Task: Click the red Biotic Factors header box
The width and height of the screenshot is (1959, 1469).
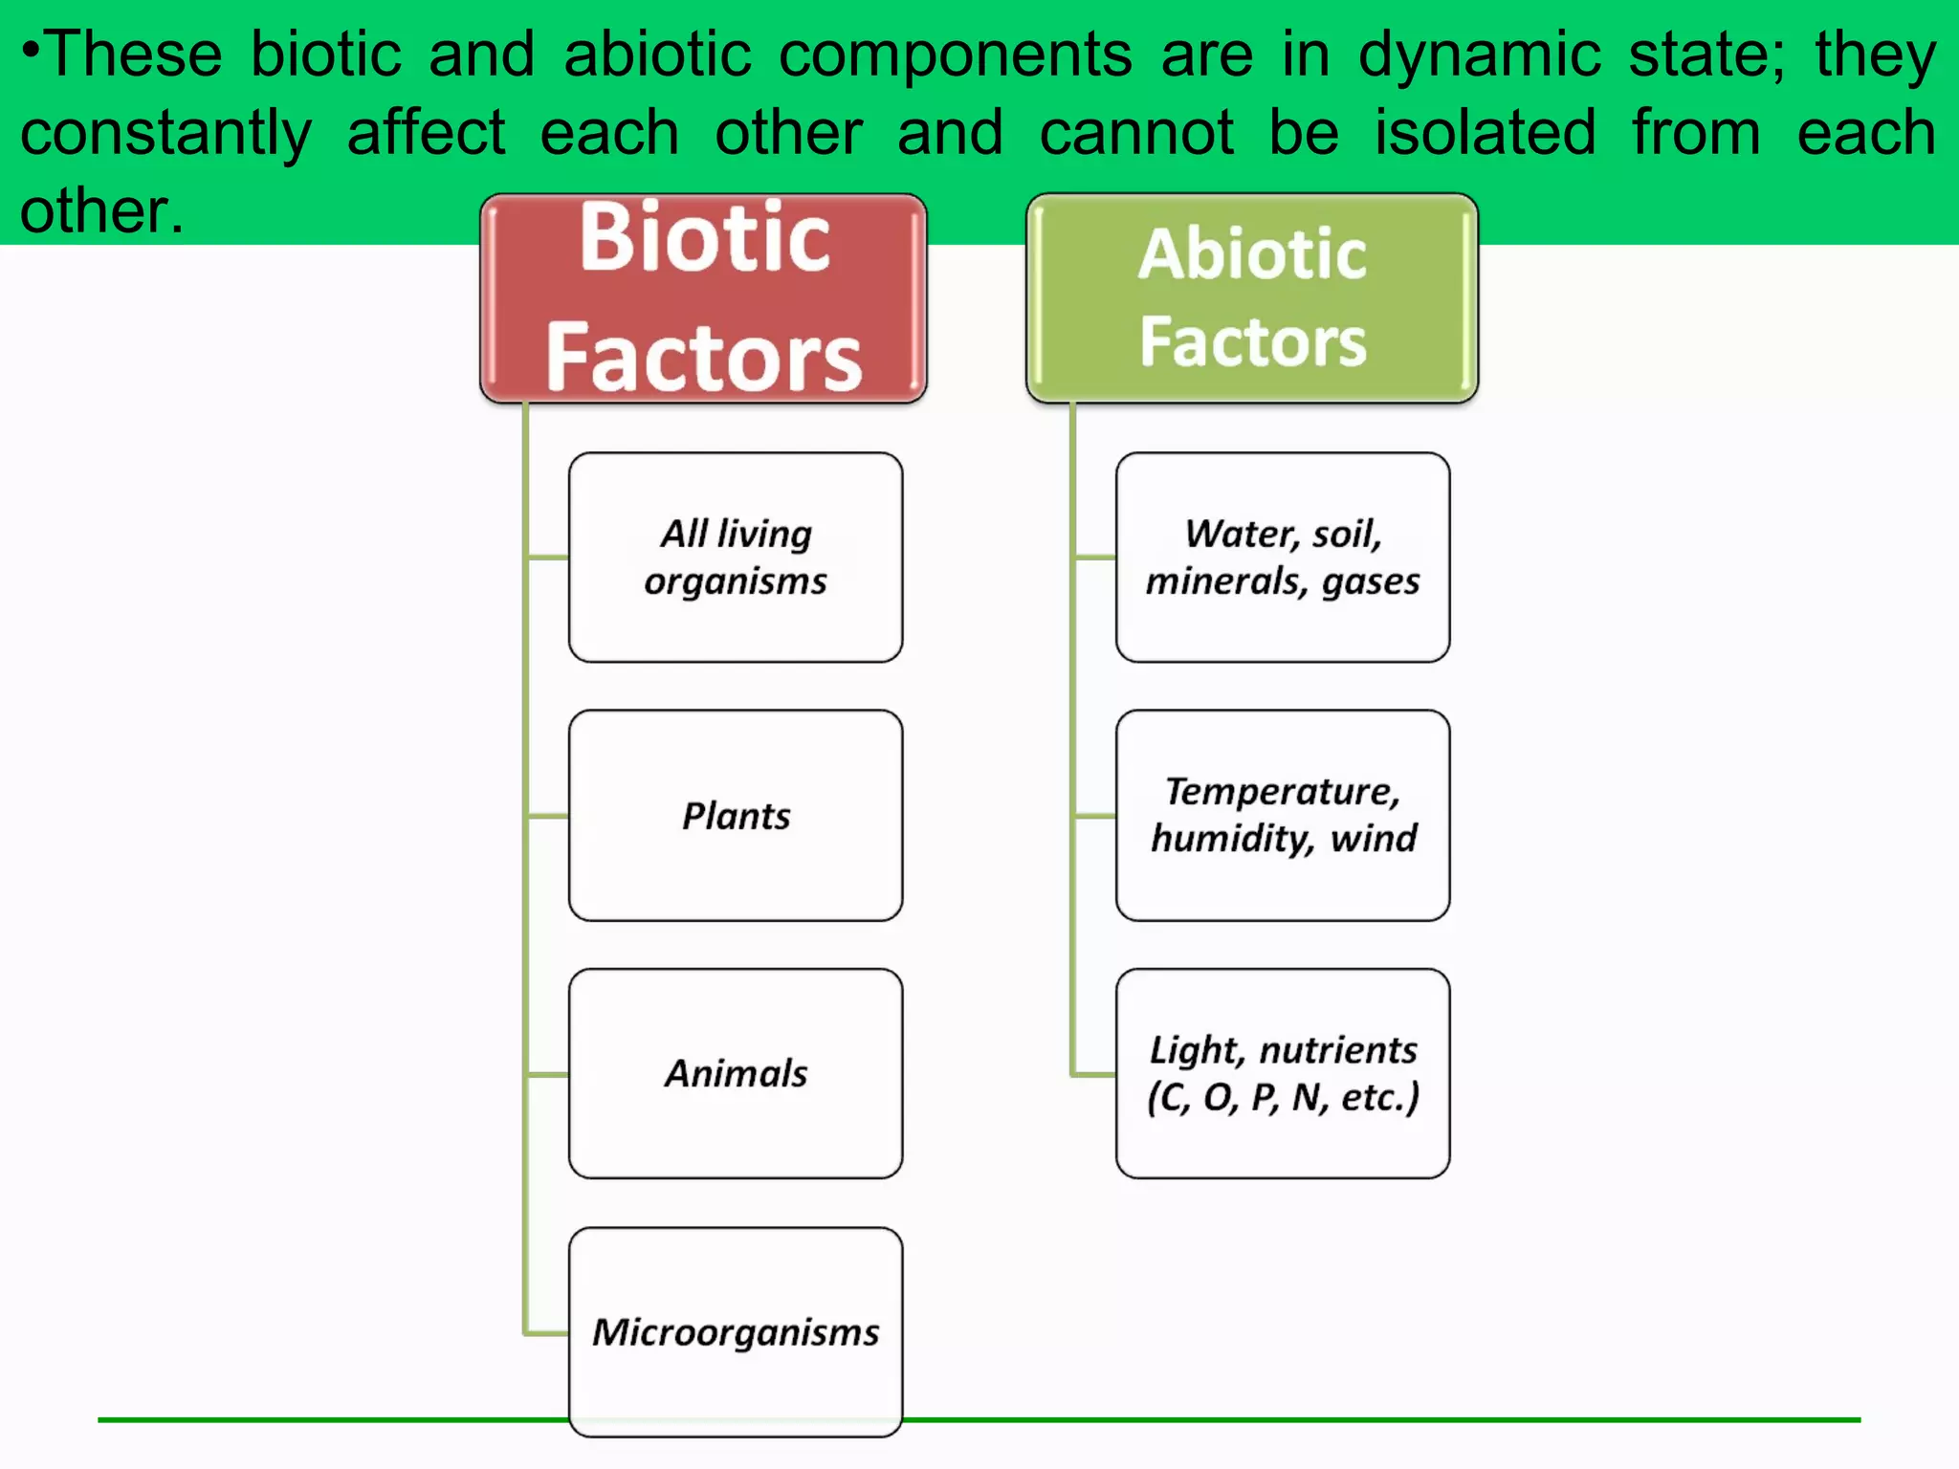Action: [703, 297]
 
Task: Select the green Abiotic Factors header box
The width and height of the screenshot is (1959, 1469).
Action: [1252, 297]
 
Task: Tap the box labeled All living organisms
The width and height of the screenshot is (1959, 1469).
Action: [736, 558]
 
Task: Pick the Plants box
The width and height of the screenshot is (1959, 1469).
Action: [736, 816]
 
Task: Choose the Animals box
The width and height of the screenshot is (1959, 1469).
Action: [736, 1073]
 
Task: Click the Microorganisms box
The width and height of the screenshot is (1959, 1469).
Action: [736, 1331]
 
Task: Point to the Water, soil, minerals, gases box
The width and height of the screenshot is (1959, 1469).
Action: [1283, 558]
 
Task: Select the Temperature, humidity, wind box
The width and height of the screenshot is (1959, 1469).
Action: [1283, 816]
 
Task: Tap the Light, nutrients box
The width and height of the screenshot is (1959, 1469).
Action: [1283, 1073]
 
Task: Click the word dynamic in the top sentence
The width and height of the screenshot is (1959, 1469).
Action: [1479, 55]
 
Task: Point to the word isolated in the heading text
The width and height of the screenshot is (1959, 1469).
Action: [1486, 132]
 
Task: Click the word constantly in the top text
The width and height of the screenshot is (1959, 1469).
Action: [165, 134]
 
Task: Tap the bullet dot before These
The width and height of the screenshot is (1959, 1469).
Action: [32, 44]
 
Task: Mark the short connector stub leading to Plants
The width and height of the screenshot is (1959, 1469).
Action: [548, 816]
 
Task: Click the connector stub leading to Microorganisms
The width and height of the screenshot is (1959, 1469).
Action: [548, 1332]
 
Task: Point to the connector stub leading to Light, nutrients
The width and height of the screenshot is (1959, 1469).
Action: [1094, 1074]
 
